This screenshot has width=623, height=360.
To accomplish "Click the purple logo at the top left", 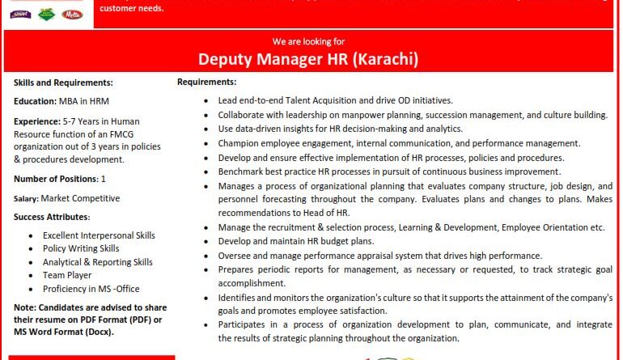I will coord(21,13).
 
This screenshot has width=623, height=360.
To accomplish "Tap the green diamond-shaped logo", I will coord(47,14).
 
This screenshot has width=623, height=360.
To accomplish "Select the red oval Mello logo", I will coord(73,14).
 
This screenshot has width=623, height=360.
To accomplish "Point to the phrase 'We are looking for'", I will coord(308,40).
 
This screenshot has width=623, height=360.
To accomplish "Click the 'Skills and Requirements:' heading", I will coord(63,83).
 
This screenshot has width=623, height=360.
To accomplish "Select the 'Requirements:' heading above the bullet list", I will coord(206,82).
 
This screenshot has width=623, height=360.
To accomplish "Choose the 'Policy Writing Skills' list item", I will coord(81,248).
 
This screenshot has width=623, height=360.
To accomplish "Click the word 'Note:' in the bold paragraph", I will coord(26,308).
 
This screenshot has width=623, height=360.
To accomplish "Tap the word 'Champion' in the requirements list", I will coord(239,143).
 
